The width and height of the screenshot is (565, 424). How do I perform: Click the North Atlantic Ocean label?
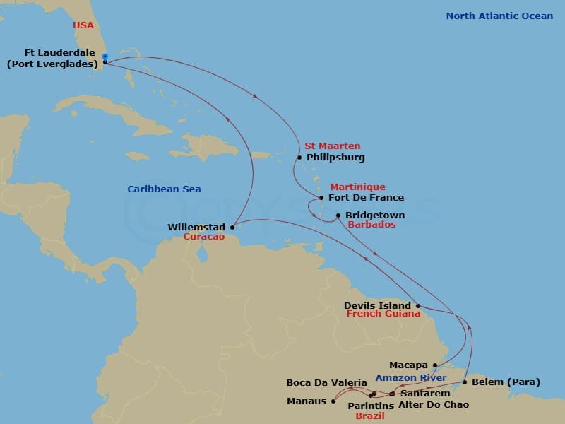499,16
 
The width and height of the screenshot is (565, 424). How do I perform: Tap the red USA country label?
83,25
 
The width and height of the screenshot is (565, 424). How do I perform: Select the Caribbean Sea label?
164,189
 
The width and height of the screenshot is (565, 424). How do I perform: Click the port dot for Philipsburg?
299,158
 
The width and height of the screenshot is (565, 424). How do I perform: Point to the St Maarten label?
332,146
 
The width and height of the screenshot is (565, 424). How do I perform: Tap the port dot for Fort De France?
321,198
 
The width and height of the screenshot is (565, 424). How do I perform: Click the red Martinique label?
357,187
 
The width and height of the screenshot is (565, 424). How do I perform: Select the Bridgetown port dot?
338,216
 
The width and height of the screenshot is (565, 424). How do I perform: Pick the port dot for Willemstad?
232,228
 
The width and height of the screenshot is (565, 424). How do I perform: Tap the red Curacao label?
203,237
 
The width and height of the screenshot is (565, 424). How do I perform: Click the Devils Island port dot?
418,306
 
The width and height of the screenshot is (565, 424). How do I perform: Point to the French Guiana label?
383,314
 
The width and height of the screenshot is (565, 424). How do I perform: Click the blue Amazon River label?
411,378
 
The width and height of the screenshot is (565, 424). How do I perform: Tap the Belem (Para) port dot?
464,382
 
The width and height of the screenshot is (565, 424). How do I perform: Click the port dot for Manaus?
333,401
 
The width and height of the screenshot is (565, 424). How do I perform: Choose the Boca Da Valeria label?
326,383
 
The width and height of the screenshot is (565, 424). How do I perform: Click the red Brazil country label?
370,416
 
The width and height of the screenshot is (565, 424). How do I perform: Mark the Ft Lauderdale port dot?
105,61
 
